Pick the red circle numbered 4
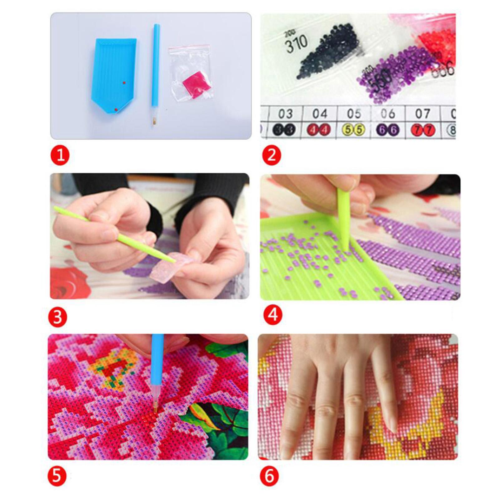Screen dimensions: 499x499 [x=273, y=315]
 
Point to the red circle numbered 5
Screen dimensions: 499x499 [x=57, y=476]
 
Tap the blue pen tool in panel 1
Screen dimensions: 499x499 [x=155, y=72]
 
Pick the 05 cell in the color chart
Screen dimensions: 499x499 [x=354, y=114]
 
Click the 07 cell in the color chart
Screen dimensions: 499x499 [x=422, y=114]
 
